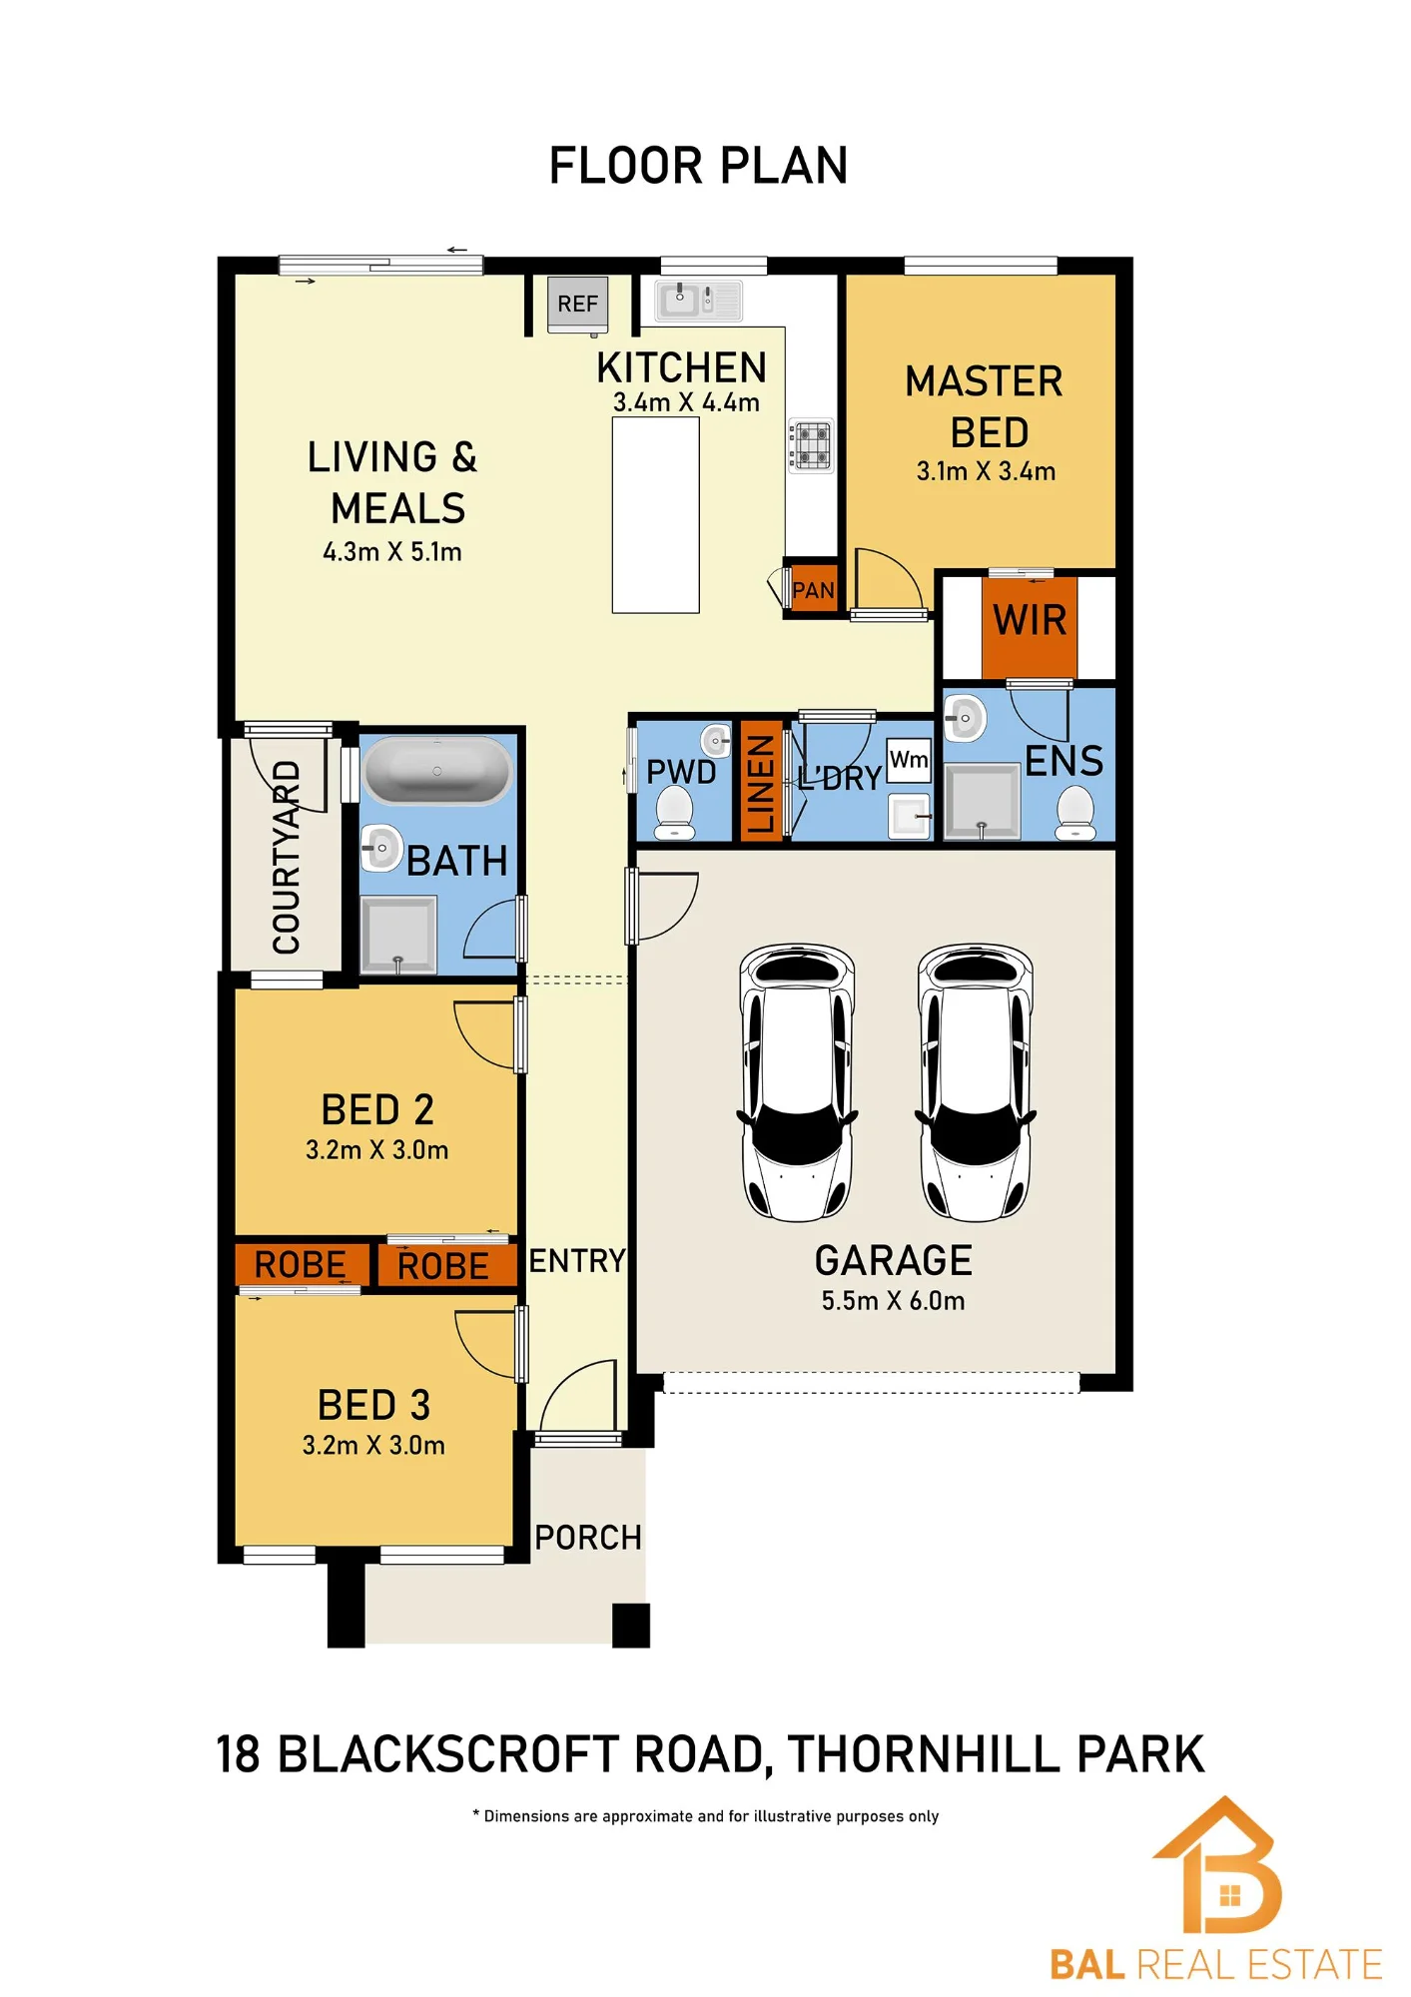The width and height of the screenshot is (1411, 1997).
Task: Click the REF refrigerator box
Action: pos(578,304)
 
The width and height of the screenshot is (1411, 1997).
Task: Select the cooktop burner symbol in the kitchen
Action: pos(811,445)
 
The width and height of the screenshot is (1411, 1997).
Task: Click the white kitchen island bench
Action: pos(655,515)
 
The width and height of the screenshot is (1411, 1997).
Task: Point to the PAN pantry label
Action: pos(813,590)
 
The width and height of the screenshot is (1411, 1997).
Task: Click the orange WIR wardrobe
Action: pos(1030,627)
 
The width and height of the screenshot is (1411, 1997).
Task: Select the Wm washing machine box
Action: pos(909,760)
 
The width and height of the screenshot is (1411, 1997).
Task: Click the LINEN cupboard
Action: pos(761,781)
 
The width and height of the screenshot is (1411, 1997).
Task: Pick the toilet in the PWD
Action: pos(674,812)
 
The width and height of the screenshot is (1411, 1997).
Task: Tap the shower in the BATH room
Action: pos(398,935)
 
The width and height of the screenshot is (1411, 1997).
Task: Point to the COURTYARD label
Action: pos(287,857)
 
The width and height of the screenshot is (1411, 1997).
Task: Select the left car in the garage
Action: pos(797,1082)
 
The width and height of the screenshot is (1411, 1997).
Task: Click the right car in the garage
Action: pos(976,1082)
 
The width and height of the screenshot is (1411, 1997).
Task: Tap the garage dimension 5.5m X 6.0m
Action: pos(894,1301)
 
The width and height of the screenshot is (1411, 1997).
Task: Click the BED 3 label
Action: pos(373,1406)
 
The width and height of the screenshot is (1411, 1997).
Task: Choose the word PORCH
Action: pos(588,1538)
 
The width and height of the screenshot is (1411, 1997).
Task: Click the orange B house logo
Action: pos(1219,1865)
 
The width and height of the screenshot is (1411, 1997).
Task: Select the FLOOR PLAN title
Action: pos(699,166)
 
